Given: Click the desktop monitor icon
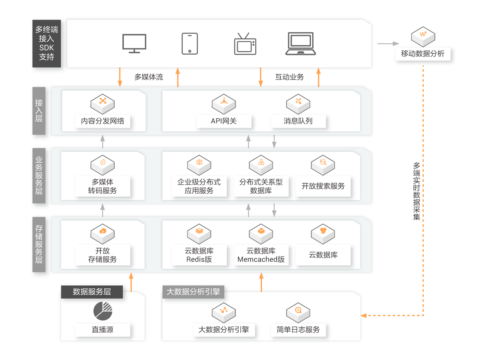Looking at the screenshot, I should (134, 44).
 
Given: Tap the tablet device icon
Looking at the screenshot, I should (190, 44).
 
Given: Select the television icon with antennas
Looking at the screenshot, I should (245, 44).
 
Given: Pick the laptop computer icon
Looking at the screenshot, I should (301, 44).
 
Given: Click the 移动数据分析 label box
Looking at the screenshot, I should (423, 54).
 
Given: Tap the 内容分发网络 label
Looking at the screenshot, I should (103, 121).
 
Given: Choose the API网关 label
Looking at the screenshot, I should (224, 121).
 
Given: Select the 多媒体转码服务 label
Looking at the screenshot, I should (103, 186).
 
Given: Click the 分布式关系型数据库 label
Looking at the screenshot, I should (261, 186).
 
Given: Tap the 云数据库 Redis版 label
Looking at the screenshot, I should (199, 255).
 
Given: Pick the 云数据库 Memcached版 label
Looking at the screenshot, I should (261, 255).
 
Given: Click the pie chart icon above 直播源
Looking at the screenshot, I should (103, 311).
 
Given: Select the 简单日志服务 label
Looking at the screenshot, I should (298, 330).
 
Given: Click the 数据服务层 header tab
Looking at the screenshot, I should (92, 292).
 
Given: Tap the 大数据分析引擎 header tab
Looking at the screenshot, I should (193, 292).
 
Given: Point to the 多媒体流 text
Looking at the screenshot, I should (149, 77).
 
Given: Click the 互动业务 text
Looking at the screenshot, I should (289, 77).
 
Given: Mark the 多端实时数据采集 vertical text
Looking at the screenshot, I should (417, 191).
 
